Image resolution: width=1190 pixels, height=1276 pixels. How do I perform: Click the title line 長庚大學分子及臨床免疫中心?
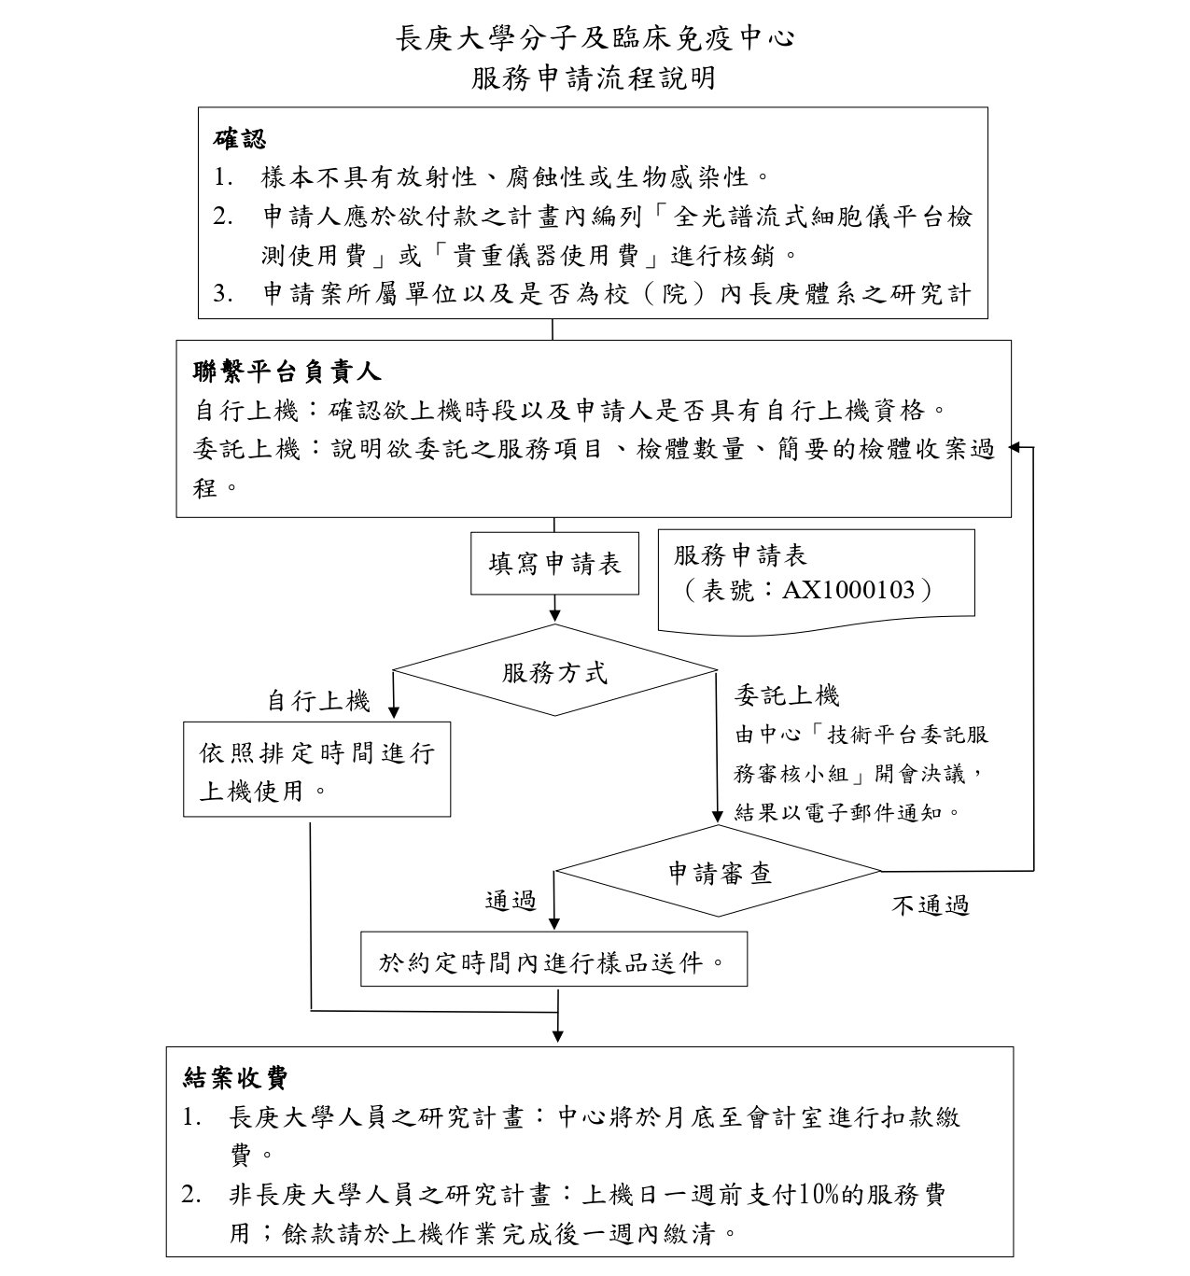[595, 38]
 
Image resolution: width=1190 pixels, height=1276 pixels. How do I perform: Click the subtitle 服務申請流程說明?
[594, 77]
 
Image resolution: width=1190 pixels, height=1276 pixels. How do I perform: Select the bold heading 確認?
[240, 138]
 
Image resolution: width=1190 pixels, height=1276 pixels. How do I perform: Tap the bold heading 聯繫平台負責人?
[287, 371]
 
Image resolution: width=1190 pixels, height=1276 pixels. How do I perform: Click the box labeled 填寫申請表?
[554, 564]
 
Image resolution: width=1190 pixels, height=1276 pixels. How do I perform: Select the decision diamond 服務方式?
[554, 671]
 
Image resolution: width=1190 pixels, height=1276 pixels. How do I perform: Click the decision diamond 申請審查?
[719, 873]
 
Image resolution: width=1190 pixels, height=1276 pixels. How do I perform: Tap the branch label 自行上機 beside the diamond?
[318, 701]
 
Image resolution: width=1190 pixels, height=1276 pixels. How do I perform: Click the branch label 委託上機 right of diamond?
[787, 695]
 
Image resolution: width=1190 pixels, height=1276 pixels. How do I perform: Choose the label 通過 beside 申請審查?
[511, 901]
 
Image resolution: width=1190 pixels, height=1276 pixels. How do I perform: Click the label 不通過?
[930, 905]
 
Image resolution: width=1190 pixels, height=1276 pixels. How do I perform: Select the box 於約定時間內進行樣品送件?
[553, 961]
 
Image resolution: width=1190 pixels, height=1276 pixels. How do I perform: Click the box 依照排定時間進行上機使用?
[316, 770]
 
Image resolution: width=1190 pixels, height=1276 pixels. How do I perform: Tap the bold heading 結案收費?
[235, 1078]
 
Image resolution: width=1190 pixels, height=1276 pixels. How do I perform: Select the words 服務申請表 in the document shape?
[740, 555]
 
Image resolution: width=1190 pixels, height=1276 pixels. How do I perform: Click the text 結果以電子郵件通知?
[847, 811]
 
